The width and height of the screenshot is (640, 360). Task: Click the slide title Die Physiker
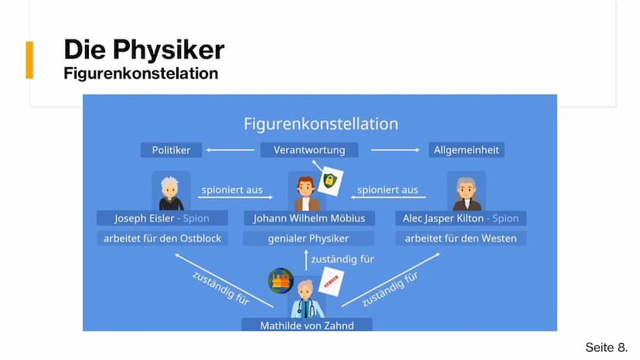click(x=144, y=49)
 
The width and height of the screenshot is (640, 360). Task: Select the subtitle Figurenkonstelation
click(x=141, y=73)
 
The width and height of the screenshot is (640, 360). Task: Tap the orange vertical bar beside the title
click(x=29, y=59)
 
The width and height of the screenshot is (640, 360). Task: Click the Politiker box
click(x=171, y=150)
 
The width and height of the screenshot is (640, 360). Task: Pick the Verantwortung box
click(x=309, y=150)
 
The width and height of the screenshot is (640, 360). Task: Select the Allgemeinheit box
click(x=466, y=150)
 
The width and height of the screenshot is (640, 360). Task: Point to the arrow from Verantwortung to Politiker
click(x=230, y=150)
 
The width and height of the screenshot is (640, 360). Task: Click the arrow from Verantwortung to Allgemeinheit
click(x=395, y=150)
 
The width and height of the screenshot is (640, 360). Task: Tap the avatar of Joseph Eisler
click(x=171, y=191)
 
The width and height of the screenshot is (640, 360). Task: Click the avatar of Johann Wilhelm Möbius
click(x=307, y=191)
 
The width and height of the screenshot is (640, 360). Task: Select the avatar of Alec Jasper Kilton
click(x=466, y=191)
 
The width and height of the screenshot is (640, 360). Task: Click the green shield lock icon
click(x=330, y=181)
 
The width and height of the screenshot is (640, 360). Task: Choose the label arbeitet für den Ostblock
click(x=162, y=239)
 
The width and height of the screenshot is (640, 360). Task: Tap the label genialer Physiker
click(x=308, y=239)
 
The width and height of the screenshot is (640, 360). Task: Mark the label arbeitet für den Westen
click(x=461, y=239)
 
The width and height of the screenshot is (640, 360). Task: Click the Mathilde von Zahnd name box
click(x=307, y=325)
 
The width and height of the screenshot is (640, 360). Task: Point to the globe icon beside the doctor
click(x=281, y=281)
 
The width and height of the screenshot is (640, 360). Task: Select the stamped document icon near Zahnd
click(x=331, y=281)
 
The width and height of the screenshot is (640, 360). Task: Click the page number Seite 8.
click(x=607, y=348)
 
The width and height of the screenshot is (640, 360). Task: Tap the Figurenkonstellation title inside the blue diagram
click(x=321, y=124)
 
